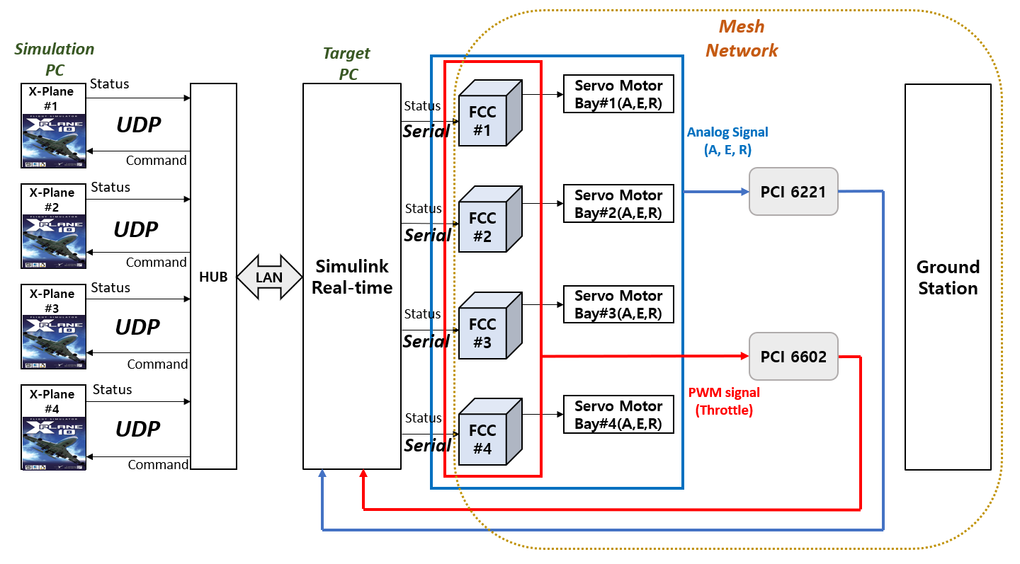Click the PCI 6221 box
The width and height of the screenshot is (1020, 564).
[793, 191]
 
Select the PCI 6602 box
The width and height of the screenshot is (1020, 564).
[793, 357]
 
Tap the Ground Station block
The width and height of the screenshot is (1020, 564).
[948, 277]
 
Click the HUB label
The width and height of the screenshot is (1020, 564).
[213, 277]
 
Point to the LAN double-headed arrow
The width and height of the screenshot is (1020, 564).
[269, 277]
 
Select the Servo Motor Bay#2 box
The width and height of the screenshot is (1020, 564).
[618, 204]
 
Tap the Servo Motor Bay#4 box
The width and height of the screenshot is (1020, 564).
[618, 415]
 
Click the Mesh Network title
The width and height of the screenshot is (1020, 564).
[742, 39]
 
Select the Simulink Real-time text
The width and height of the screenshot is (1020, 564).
[352, 277]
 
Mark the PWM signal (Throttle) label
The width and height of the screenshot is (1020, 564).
[723, 401]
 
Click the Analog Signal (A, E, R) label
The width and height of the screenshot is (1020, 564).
[727, 141]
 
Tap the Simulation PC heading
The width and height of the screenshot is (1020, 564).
[54, 59]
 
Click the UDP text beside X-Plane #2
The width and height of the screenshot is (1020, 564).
[137, 229]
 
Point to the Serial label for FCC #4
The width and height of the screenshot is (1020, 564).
[427, 445]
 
